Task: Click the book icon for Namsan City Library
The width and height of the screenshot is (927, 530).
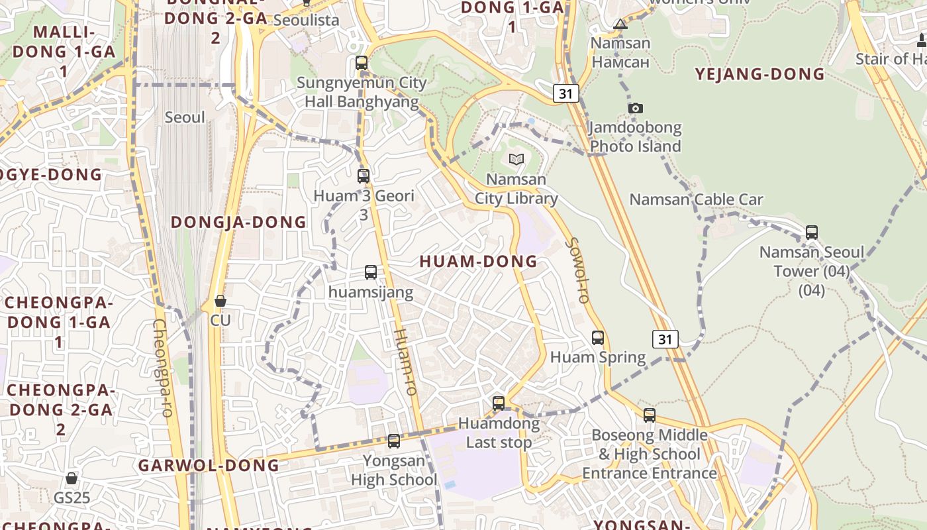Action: (516, 159)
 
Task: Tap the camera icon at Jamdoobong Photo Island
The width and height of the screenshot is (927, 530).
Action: (636, 108)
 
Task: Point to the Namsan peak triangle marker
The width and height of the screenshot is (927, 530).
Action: (620, 25)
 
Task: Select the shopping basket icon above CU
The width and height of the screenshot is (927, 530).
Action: (220, 301)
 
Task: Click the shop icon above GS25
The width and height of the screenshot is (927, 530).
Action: (72, 478)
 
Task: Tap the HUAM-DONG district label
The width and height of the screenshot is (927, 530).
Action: (479, 262)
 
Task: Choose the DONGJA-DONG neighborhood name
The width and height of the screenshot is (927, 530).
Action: (239, 223)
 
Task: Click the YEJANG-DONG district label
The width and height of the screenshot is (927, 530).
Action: (759, 74)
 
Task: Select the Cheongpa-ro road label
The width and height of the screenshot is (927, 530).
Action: (162, 368)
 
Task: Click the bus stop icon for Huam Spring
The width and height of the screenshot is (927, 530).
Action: (598, 338)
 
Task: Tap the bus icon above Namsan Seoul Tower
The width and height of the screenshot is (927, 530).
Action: (812, 233)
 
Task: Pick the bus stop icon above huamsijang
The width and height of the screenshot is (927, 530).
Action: (371, 272)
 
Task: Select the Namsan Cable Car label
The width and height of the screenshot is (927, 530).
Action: (696, 199)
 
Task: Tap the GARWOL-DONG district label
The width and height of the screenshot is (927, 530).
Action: (209, 466)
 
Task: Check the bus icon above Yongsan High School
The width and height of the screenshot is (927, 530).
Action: (394, 441)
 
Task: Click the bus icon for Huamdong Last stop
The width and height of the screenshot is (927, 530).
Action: (499, 403)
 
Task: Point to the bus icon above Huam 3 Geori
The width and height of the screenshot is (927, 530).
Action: (364, 176)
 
